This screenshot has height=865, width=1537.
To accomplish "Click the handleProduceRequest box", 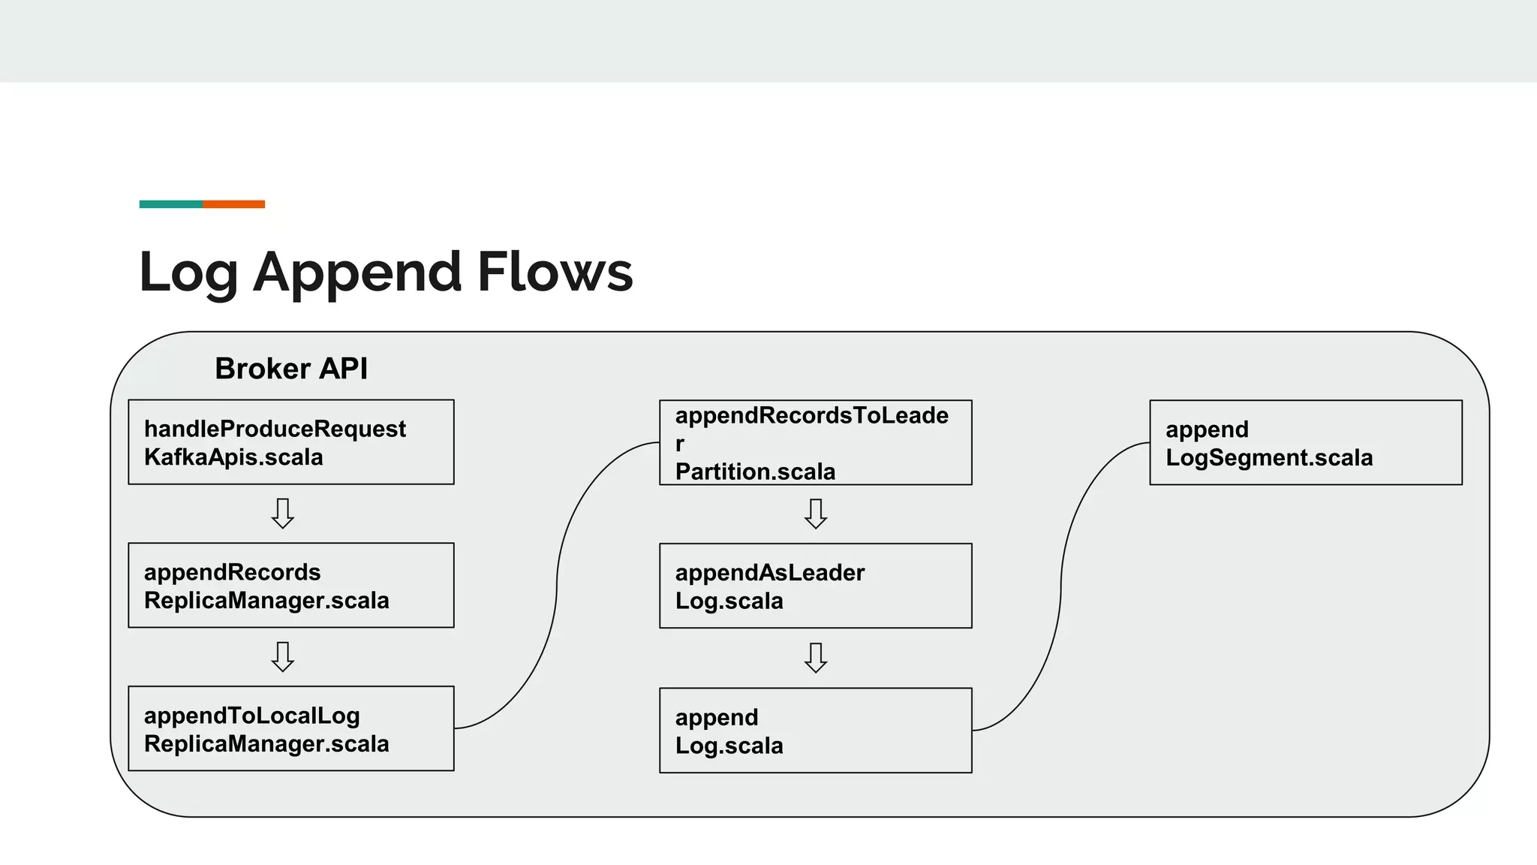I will tap(290, 442).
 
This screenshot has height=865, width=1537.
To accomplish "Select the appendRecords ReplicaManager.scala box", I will tap(290, 586).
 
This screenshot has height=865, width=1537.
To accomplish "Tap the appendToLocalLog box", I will tap(290, 728).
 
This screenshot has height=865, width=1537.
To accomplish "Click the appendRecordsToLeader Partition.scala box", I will tap(815, 442).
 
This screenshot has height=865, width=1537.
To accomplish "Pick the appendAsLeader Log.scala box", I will tap(815, 586).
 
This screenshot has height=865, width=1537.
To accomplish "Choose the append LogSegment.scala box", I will tap(1305, 442).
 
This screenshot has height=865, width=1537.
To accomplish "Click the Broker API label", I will tap(291, 369).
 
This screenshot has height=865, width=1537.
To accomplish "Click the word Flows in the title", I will tap(555, 272).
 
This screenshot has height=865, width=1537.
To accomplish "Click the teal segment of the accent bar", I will tap(171, 204).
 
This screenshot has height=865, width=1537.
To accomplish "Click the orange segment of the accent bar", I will tap(233, 204).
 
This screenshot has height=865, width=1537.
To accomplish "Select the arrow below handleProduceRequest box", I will tap(282, 514).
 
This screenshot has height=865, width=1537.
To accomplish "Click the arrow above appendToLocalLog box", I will tap(282, 656).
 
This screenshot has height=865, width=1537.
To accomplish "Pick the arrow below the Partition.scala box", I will tap(815, 514).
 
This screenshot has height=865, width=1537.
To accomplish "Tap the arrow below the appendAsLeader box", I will tap(815, 657).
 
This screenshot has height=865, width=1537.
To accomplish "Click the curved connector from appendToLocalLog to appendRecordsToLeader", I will tap(557, 586).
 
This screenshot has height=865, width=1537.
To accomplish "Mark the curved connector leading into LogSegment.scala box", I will tap(1060, 586).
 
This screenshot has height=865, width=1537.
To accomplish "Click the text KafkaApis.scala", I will tap(233, 457).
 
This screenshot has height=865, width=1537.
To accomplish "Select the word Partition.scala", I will tap(755, 472).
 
